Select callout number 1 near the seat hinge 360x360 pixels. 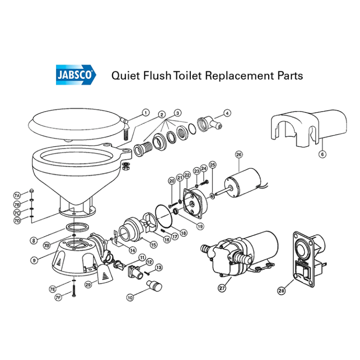145,112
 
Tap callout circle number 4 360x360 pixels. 227,113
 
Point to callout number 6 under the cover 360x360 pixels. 322,153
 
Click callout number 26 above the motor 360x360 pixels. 238,155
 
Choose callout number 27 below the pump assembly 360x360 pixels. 222,289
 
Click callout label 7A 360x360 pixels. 18,195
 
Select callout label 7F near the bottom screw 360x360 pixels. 59,297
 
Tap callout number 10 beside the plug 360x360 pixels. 130,297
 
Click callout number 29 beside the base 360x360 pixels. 88,284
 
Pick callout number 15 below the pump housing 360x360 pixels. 153,244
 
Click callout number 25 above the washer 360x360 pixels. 212,165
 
